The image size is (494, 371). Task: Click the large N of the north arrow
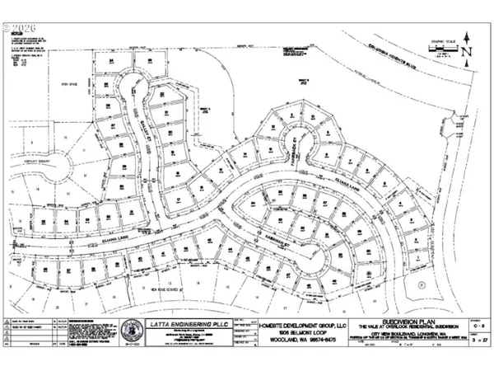point(466,50)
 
